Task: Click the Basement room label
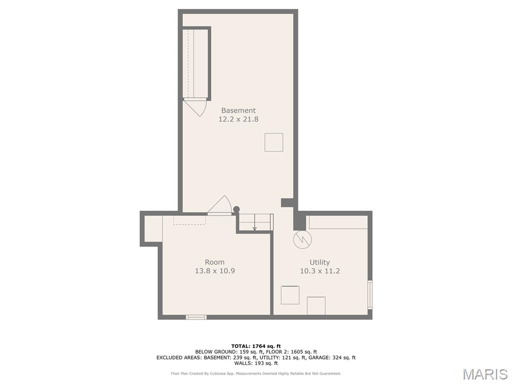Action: (238, 110)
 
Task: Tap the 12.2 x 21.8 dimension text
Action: (238, 119)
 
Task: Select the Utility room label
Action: (319, 262)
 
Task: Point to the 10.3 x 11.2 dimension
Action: (320, 271)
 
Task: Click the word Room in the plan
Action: (214, 262)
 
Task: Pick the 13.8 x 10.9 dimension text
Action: (215, 271)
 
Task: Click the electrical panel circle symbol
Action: (302, 240)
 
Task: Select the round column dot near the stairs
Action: (236, 209)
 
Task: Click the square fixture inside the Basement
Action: (273, 142)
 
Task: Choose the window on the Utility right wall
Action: (370, 295)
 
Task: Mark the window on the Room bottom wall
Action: (196, 316)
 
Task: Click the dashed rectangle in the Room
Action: (189, 220)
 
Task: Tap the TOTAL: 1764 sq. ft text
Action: (256, 346)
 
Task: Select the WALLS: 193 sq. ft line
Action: (256, 363)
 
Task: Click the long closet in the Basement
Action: (196, 63)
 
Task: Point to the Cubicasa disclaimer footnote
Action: (256, 373)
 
